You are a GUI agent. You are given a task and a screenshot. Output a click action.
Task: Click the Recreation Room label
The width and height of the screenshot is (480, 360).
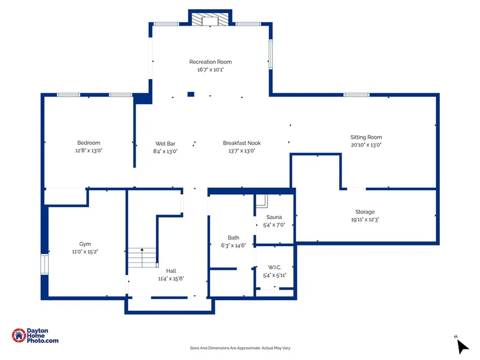click(x=210, y=62)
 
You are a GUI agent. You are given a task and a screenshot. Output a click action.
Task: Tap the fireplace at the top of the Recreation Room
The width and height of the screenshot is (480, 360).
click(x=210, y=19)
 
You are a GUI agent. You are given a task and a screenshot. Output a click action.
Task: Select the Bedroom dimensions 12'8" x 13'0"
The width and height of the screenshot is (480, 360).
click(x=89, y=151)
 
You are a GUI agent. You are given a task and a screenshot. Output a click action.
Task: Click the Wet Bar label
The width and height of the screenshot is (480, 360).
click(x=165, y=144)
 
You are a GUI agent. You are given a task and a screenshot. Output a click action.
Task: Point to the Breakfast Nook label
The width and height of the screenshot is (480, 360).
click(x=242, y=143)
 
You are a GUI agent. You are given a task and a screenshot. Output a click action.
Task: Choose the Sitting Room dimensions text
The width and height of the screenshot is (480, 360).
click(x=366, y=145)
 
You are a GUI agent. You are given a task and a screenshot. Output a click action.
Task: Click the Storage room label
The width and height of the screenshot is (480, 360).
click(x=365, y=212)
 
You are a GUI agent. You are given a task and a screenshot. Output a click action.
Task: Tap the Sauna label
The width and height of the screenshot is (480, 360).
click(x=274, y=217)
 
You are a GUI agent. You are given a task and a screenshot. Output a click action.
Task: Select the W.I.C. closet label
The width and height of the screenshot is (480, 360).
click(x=275, y=268)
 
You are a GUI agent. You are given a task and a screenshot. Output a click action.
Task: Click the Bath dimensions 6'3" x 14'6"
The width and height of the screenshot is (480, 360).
click(x=233, y=245)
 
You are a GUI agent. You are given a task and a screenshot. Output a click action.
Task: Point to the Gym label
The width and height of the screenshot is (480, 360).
click(x=85, y=244)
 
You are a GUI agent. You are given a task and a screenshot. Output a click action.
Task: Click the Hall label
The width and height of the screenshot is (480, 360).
click(x=171, y=271)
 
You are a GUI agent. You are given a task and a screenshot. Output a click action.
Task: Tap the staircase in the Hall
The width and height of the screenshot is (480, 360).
click(x=142, y=258)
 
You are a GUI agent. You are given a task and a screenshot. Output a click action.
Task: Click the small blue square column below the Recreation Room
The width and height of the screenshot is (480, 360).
click(x=191, y=94)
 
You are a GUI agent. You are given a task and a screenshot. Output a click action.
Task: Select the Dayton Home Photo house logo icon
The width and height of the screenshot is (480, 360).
click(x=19, y=336)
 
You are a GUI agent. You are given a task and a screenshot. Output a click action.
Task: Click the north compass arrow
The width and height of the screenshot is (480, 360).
click(x=463, y=347)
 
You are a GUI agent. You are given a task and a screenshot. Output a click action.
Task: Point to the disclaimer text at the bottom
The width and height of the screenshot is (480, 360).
click(x=240, y=348)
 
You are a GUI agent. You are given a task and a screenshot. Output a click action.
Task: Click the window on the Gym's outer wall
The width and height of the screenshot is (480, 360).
click(x=45, y=264)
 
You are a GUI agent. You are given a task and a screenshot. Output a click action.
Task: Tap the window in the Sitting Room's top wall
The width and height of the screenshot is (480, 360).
click(x=356, y=95)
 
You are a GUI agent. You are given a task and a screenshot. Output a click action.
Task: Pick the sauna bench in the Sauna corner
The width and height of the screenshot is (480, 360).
click(x=262, y=201)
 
